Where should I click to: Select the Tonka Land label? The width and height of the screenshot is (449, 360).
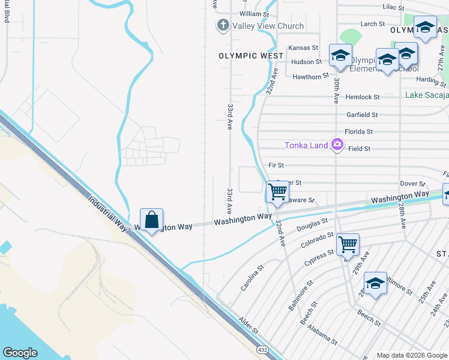(x=307, y=145)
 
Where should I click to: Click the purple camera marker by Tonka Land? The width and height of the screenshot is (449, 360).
(x=337, y=144)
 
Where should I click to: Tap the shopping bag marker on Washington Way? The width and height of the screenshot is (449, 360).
(x=151, y=220)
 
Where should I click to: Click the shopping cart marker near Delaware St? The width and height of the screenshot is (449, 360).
(x=277, y=193)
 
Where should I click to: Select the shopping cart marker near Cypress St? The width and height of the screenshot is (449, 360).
(x=348, y=245)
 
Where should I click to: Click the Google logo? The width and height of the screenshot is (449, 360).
(x=20, y=352)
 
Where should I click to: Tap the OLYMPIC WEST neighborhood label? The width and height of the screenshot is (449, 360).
(x=251, y=56)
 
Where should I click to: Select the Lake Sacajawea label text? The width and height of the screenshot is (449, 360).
(x=426, y=95)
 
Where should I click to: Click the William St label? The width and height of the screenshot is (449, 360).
(x=254, y=14)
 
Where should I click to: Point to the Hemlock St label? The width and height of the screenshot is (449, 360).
(x=363, y=97)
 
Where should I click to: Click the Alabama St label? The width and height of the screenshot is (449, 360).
(x=325, y=335)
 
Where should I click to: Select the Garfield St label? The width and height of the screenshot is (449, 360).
(x=362, y=115)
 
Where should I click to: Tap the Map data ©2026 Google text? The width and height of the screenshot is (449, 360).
(x=412, y=355)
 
